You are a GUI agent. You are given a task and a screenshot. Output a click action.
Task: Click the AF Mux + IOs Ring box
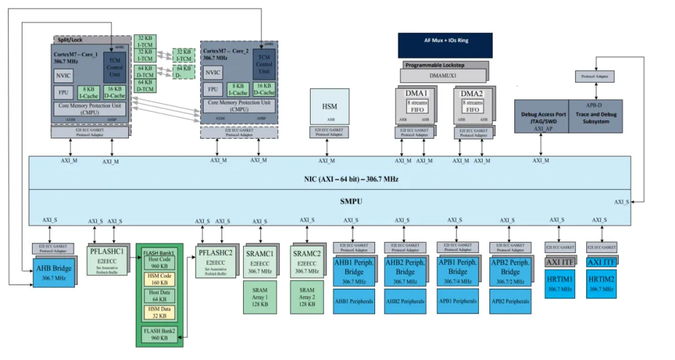tap(445, 41)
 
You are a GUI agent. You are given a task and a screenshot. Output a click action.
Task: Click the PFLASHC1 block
tap(106, 258)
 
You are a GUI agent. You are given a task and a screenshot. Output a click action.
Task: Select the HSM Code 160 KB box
tap(160, 279)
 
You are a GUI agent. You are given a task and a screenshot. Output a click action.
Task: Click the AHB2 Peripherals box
tap(405, 301)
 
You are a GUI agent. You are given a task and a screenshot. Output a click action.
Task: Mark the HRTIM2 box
tap(601, 285)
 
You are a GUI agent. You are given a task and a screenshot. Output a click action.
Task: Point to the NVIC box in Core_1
tap(64, 76)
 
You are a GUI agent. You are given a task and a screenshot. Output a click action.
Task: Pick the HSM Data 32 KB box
tap(160, 312)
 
